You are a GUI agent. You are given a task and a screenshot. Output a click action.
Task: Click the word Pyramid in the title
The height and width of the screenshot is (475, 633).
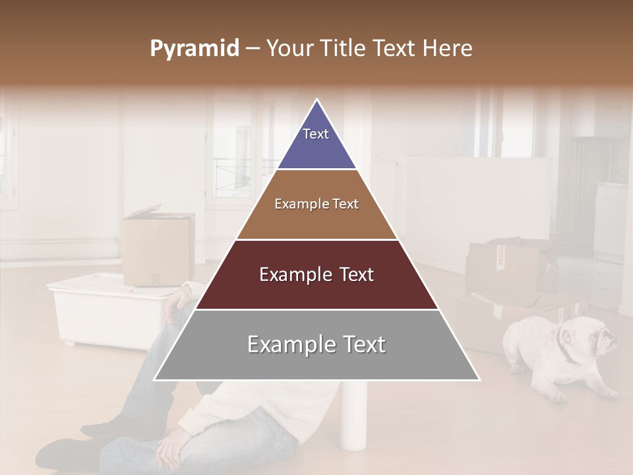(x=195, y=49)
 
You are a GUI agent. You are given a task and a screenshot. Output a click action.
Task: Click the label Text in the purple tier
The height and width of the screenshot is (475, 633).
(x=316, y=134)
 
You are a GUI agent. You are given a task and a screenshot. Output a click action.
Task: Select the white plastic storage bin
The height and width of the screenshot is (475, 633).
(x=105, y=310)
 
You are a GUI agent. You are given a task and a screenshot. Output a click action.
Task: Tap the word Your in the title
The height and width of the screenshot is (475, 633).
(x=289, y=49)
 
